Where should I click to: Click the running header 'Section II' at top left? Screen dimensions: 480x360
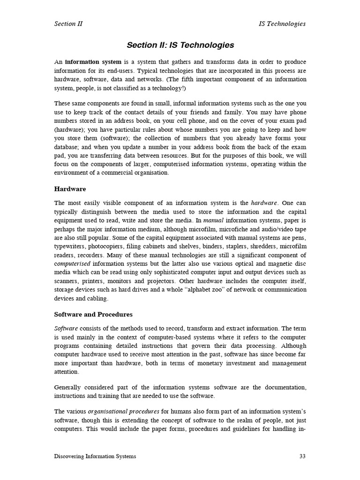tap(68, 24)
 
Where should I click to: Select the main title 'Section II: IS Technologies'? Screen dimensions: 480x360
tap(180, 45)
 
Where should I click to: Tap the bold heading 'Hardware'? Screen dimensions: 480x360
tap(70, 189)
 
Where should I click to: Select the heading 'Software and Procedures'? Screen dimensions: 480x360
tap(93, 314)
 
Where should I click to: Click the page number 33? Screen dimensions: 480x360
tap(302, 457)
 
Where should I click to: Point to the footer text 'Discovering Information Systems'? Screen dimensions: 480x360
tap(95, 457)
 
